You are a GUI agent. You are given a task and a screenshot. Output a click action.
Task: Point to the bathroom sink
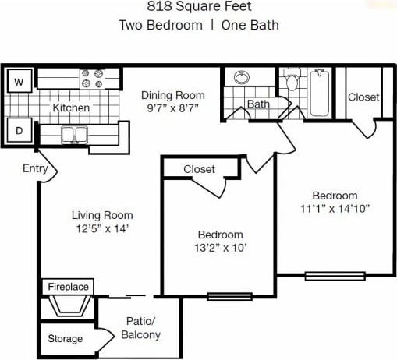point(241,79)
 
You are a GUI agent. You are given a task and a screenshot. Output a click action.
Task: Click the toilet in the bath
point(292,82)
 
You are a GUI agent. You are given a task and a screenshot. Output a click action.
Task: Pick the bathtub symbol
point(318,94)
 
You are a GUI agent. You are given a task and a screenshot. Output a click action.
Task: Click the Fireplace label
point(68,287)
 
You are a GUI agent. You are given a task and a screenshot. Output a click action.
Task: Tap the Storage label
point(65,339)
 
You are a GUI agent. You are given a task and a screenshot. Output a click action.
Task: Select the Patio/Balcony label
point(140,328)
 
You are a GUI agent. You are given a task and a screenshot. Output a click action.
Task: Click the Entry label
point(35,168)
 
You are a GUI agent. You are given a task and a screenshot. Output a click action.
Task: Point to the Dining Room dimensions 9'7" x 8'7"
point(172,108)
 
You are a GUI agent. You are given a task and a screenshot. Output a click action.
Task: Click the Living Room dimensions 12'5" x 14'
point(102,228)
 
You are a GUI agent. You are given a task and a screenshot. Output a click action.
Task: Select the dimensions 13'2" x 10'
point(220,248)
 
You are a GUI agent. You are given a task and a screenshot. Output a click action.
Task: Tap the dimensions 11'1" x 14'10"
point(335,208)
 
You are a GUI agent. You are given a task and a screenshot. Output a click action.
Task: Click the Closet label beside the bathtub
point(363,97)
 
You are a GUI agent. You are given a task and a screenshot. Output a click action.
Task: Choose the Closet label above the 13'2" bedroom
point(199,169)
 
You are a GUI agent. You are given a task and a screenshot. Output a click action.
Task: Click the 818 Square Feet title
point(198,7)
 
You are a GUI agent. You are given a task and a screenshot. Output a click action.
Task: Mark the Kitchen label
point(71,108)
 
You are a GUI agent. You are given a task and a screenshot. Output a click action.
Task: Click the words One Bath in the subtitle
point(250,24)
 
